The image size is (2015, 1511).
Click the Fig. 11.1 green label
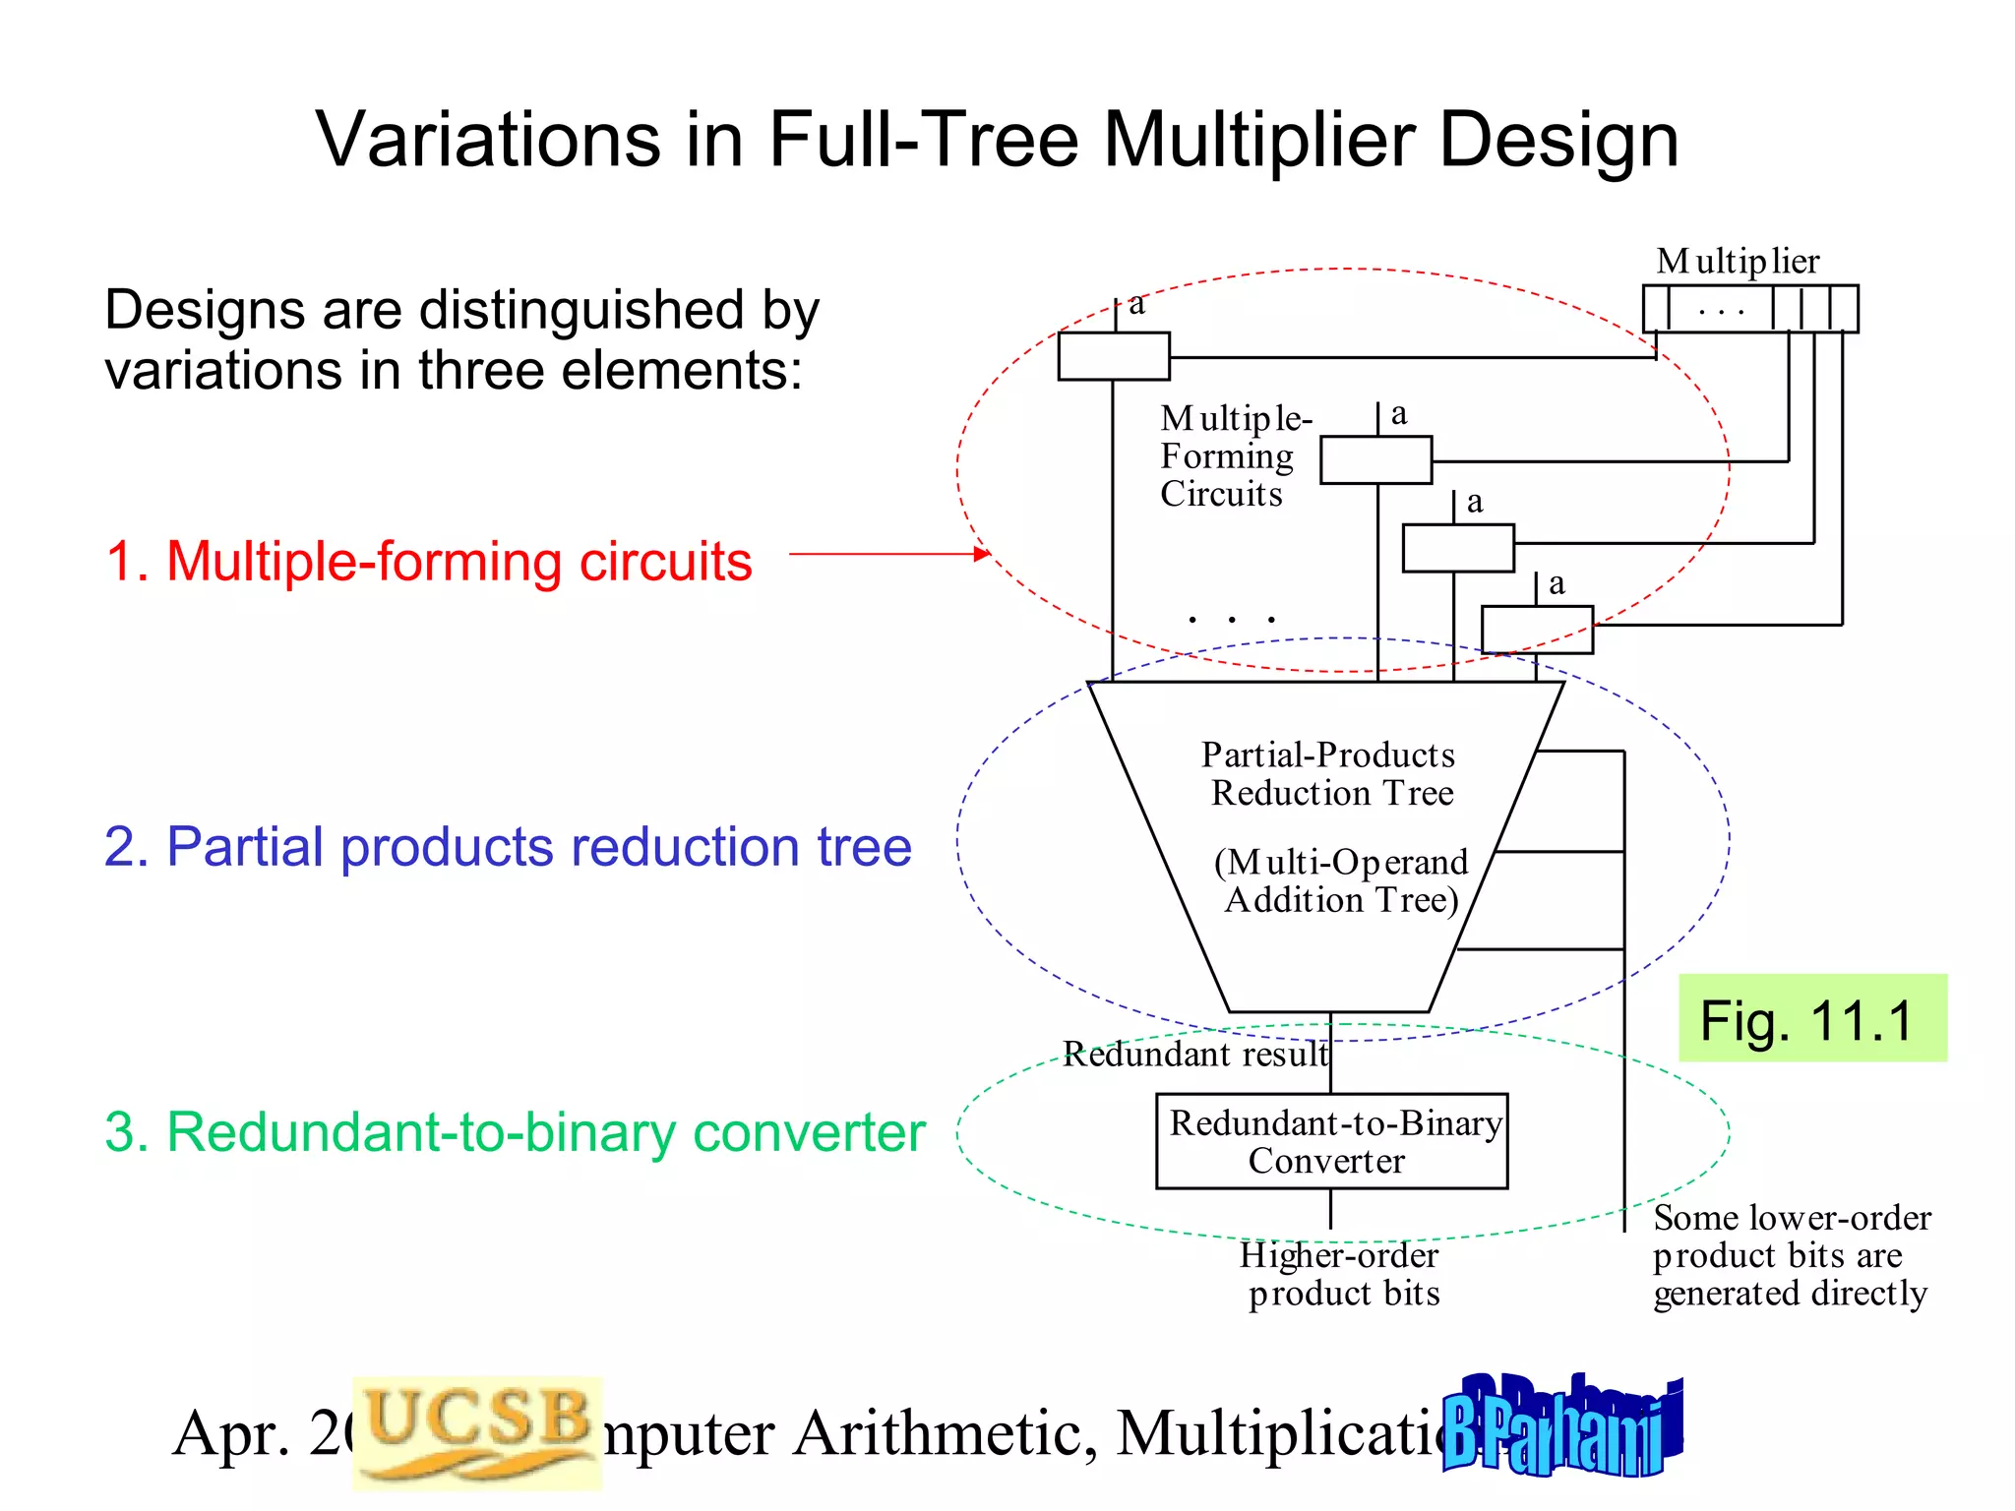[x=1811, y=1018]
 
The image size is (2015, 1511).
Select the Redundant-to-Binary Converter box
[x=1331, y=1141]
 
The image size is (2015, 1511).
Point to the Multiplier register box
[x=1750, y=309]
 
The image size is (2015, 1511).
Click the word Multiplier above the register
[x=1737, y=262]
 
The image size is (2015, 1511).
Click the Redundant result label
[x=1194, y=1055]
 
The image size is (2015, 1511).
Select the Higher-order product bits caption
[x=1341, y=1274]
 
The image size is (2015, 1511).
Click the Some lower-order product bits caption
[x=1790, y=1255]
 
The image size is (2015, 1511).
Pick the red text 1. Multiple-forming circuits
[x=429, y=562]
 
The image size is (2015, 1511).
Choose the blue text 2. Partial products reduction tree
[x=508, y=847]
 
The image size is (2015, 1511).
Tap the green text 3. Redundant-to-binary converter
[x=515, y=1132]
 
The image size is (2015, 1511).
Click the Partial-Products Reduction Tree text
[x=1329, y=773]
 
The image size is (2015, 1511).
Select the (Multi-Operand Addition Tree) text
[x=1341, y=880]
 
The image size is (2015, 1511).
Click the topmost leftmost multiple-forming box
[x=1114, y=356]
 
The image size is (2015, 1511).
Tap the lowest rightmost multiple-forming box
[x=1537, y=630]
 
